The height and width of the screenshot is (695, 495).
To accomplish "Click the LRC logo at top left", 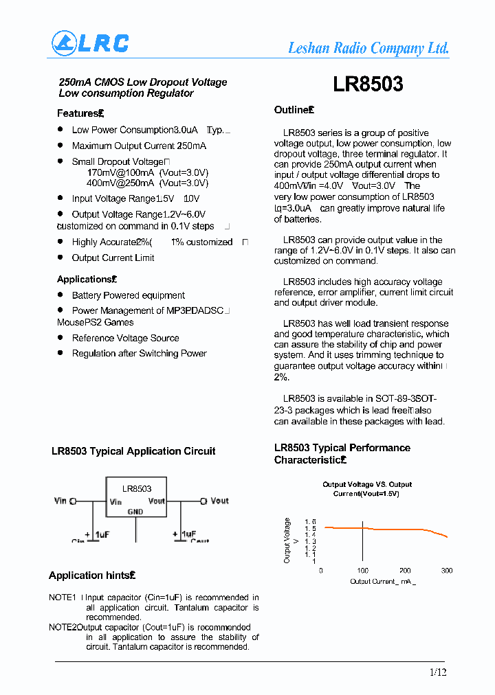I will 90,43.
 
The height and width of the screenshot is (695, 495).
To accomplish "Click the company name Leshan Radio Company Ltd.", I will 368,48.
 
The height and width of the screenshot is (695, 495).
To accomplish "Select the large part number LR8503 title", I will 368,84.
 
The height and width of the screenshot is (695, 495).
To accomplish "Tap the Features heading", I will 79,113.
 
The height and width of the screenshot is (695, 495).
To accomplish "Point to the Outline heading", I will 294,110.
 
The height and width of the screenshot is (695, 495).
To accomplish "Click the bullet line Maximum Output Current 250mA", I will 139,146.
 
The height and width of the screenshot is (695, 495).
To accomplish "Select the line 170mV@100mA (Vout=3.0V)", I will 147,172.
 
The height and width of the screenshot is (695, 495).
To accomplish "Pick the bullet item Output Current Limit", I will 113,258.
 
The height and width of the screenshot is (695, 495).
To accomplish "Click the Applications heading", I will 87,280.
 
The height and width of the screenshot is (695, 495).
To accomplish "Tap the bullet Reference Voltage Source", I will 125,338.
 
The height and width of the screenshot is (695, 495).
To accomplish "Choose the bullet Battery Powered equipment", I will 128,295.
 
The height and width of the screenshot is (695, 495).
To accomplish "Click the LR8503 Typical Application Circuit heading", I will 133,451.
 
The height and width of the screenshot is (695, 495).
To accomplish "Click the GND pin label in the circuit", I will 135,512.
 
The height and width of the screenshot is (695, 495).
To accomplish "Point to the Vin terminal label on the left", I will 60,501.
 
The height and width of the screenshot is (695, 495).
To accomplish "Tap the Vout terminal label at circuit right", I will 219,501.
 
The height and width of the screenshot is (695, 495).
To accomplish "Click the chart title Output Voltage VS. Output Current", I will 367,489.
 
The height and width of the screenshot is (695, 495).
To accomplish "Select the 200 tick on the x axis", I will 405,571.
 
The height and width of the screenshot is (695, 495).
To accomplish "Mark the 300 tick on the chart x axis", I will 447,571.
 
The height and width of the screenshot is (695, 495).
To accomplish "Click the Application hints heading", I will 91,576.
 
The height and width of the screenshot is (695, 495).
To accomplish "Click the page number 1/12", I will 438,672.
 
